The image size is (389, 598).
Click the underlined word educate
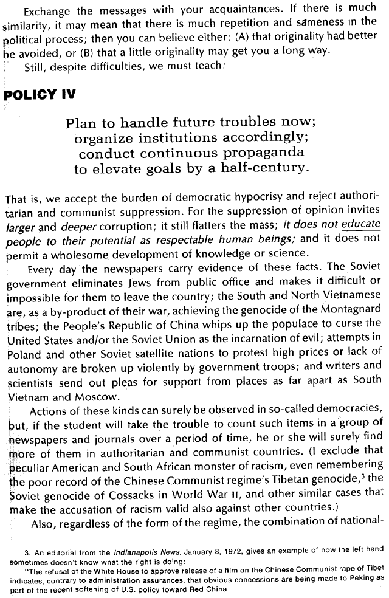(x=360, y=225)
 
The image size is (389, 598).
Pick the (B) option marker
(x=81, y=50)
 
